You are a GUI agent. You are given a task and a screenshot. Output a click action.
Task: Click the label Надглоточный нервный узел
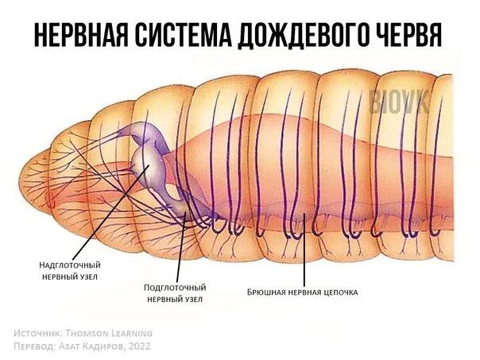click(x=70, y=271)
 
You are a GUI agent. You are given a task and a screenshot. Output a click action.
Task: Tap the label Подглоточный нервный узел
click(x=175, y=292)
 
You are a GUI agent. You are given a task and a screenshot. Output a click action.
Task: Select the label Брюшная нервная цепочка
click(x=303, y=292)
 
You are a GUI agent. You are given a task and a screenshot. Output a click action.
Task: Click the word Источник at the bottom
click(x=39, y=332)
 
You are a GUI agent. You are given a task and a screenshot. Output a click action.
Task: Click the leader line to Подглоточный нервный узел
click(x=183, y=246)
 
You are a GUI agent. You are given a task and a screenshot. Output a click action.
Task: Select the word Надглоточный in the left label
click(x=70, y=265)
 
